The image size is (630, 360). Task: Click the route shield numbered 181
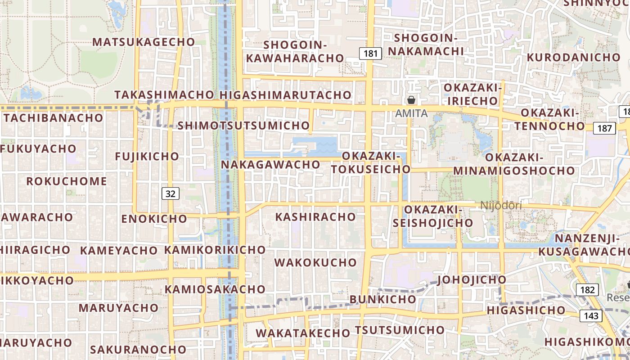point(370,54)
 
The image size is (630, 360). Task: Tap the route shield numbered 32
point(171,193)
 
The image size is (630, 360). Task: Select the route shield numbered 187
point(604,129)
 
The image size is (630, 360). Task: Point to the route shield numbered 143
point(591,316)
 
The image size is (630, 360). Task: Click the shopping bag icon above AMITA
point(411,100)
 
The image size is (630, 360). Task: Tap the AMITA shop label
point(411,113)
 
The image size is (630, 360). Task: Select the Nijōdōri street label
point(501,206)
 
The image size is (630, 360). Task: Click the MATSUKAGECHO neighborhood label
point(144,42)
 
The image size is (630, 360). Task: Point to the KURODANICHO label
point(573,58)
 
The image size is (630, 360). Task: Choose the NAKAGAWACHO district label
point(270,165)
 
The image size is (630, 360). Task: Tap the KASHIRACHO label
point(315,217)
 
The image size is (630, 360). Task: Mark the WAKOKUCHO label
point(315,262)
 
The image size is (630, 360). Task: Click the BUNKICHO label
point(383,299)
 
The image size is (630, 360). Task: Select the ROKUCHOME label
point(67,181)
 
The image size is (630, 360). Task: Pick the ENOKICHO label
point(154,219)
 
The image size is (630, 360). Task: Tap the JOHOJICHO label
point(472,280)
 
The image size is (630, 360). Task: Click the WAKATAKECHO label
point(303,333)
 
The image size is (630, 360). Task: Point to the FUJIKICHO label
point(147,157)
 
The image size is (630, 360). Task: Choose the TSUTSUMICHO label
point(400,330)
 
